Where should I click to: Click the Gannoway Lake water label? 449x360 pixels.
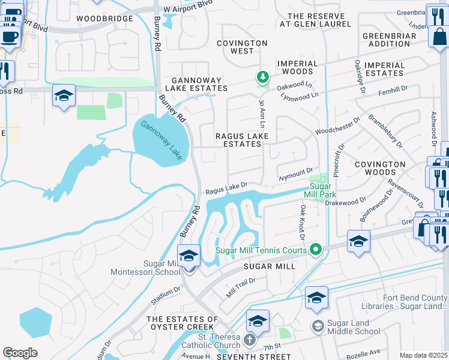(161, 140)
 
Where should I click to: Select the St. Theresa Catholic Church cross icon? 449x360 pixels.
(251, 340)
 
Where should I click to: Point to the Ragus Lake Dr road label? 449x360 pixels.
(226, 190)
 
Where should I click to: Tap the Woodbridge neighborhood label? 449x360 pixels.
(104, 19)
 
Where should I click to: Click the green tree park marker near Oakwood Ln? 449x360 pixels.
(262, 77)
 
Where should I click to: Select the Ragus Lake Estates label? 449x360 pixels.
(242, 140)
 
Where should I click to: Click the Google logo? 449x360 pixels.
(20, 352)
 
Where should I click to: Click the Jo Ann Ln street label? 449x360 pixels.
(262, 113)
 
